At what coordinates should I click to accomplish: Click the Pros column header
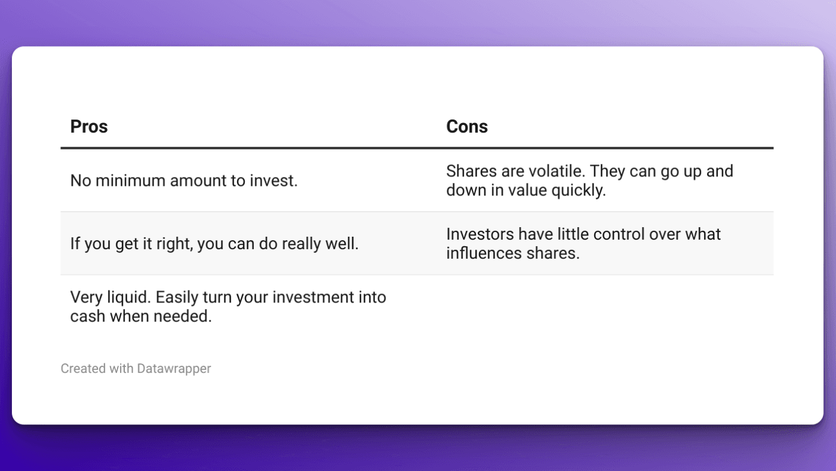coord(89,127)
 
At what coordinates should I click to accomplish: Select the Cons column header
coord(467,127)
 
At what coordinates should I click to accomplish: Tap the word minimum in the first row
coord(130,181)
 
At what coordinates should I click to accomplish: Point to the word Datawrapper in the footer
coord(174,369)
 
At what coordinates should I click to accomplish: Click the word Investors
coord(480,234)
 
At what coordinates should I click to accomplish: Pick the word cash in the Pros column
coord(87,316)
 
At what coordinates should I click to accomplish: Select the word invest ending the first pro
coord(276,181)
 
